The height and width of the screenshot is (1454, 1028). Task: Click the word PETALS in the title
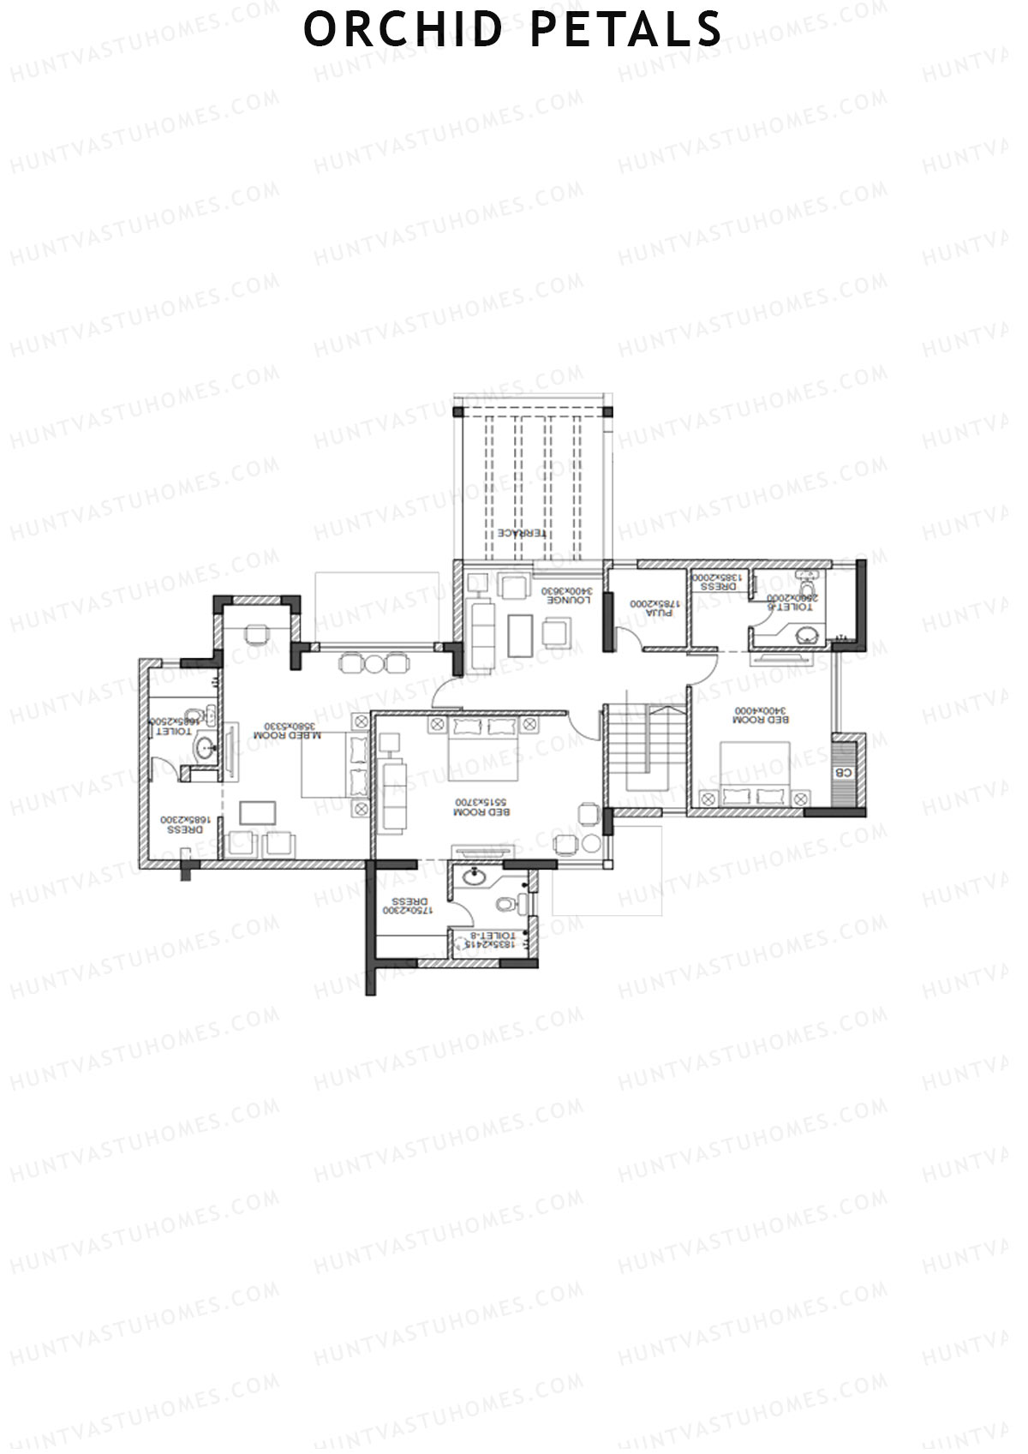click(626, 29)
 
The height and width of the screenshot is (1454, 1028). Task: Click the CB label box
click(844, 772)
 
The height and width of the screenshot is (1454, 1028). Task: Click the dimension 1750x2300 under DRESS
click(409, 912)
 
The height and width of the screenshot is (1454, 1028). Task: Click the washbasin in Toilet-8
click(473, 876)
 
